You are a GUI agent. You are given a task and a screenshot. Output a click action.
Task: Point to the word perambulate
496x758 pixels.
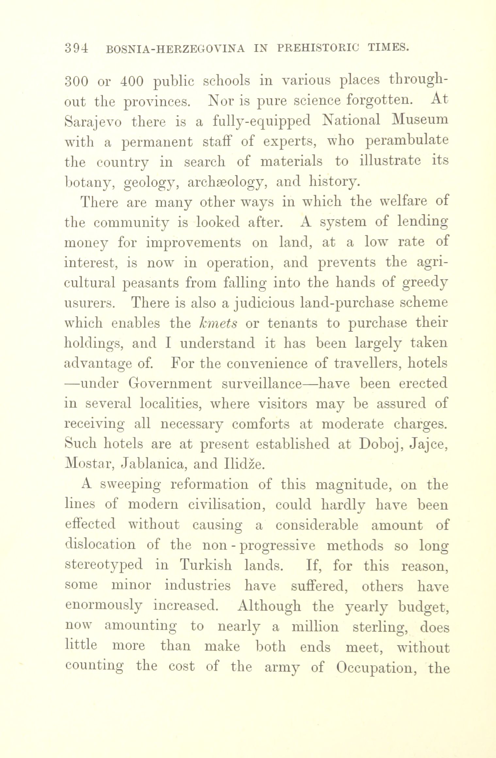pos(406,141)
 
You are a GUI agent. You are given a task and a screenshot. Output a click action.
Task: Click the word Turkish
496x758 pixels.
pos(206,565)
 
